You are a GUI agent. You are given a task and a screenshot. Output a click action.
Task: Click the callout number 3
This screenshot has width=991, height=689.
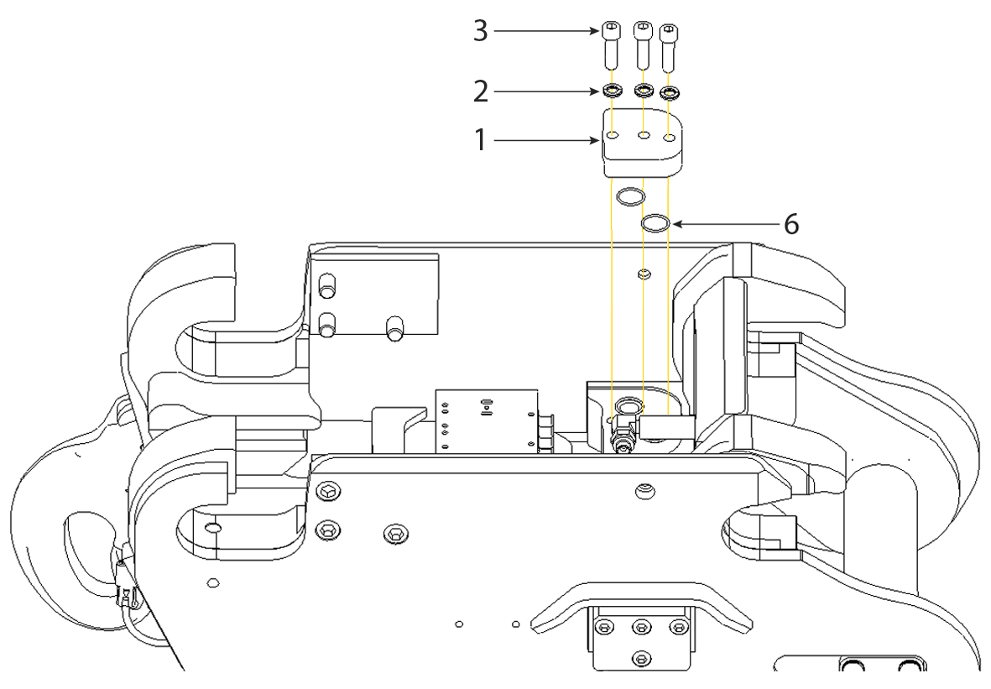pyautogui.click(x=479, y=31)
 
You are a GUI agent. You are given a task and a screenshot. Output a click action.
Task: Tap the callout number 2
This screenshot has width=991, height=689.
pyautogui.click(x=479, y=90)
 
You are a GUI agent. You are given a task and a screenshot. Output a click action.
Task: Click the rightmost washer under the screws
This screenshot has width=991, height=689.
pyautogui.click(x=670, y=91)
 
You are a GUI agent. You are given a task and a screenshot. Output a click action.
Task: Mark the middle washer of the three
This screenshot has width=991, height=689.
pyautogui.click(x=643, y=90)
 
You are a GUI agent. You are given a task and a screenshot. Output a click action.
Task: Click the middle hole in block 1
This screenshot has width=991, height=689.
pyautogui.click(x=644, y=134)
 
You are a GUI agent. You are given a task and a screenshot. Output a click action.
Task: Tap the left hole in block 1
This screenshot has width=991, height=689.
pyautogui.click(x=614, y=134)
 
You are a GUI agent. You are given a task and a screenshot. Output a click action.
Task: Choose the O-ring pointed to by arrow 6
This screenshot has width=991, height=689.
pyautogui.click(x=655, y=224)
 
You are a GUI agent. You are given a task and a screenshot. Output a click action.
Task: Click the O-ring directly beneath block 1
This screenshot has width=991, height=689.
pyautogui.click(x=629, y=197)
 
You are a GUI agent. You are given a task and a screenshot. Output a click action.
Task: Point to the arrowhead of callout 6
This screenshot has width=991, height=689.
pyautogui.click(x=675, y=224)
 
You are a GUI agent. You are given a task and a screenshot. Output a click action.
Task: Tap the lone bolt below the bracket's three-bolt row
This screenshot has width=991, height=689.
pyautogui.click(x=643, y=657)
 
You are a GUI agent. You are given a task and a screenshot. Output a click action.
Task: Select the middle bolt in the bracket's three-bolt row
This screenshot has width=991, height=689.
pyautogui.click(x=643, y=627)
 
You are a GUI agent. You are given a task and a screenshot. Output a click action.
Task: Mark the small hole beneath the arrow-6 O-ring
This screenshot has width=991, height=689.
pyautogui.click(x=644, y=273)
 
